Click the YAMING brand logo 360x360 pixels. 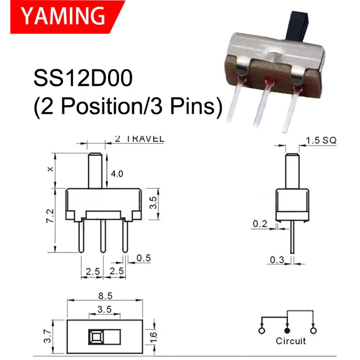pyautogui.click(x=59, y=16)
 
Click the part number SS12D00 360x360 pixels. pyautogui.click(x=83, y=78)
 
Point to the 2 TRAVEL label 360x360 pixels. pyautogui.click(x=139, y=138)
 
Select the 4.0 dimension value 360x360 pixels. pyautogui.click(x=117, y=174)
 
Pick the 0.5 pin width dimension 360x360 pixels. pyautogui.click(x=143, y=258)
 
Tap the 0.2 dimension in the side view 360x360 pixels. pyautogui.click(x=260, y=224)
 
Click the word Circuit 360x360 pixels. pyautogui.click(x=291, y=341)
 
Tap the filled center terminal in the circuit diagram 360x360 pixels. pyautogui.click(x=288, y=326)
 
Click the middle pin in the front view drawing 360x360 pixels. pyautogui.click(x=102, y=236)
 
